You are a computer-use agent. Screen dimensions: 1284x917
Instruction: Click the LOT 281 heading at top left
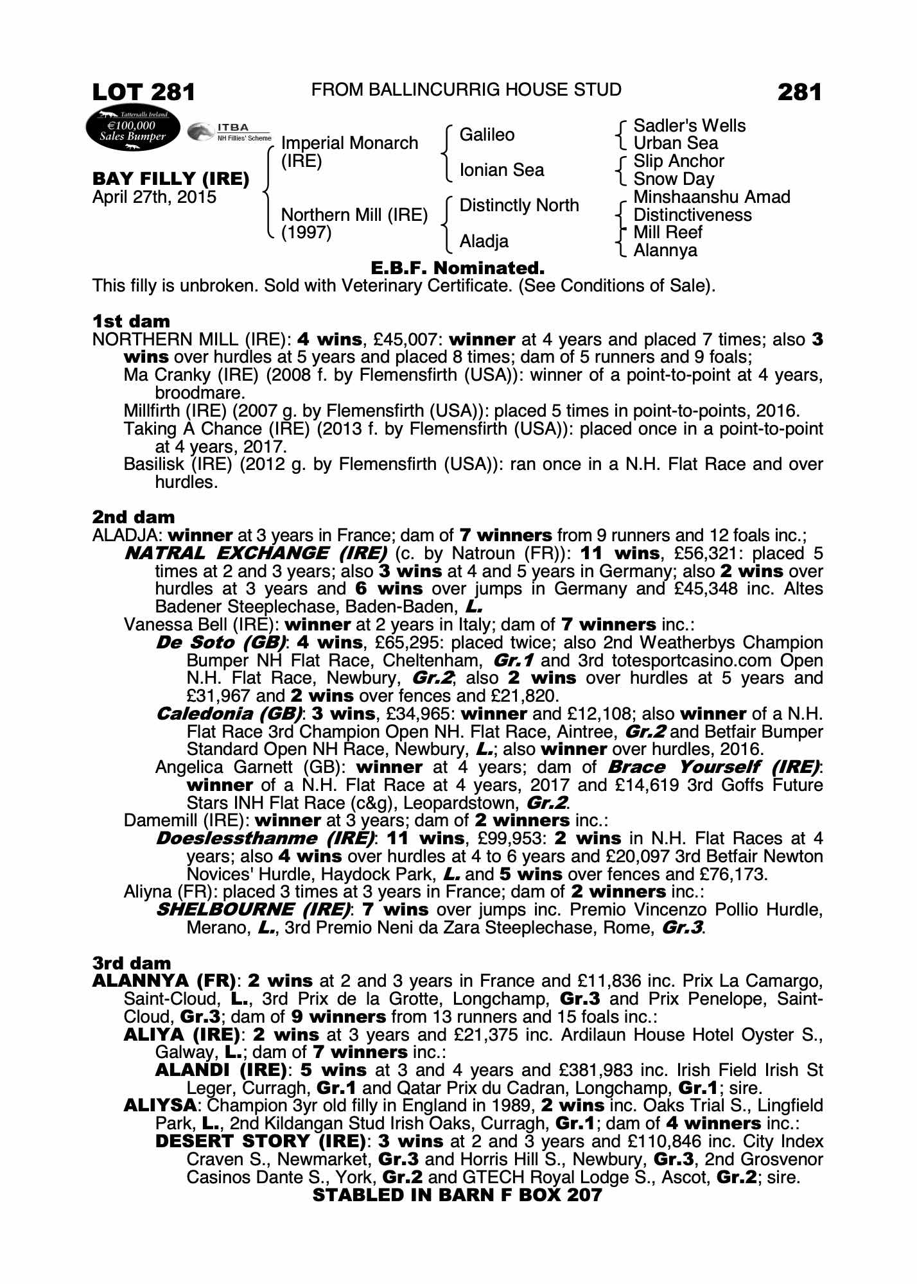tap(143, 92)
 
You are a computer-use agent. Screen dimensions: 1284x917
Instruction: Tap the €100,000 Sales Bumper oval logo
tap(132, 130)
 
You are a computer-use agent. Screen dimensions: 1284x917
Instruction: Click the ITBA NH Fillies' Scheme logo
tap(229, 132)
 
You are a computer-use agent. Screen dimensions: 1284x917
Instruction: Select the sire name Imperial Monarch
tap(349, 143)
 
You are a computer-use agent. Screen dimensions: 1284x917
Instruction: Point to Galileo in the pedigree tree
tap(487, 135)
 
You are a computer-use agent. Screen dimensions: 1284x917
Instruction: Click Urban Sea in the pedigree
tap(676, 143)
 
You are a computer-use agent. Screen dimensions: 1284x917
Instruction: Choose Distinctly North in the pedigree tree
tap(519, 205)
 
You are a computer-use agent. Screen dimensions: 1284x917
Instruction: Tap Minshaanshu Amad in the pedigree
tap(712, 197)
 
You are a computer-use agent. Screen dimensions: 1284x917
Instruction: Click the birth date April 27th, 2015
tap(154, 197)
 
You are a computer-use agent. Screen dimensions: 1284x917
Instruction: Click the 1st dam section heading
tap(131, 321)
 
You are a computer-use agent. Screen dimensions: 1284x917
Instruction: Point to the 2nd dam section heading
tap(134, 517)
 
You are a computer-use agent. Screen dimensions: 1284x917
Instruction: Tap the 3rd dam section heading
tap(132, 963)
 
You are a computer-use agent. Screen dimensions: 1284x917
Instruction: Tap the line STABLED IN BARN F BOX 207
tap(457, 1195)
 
